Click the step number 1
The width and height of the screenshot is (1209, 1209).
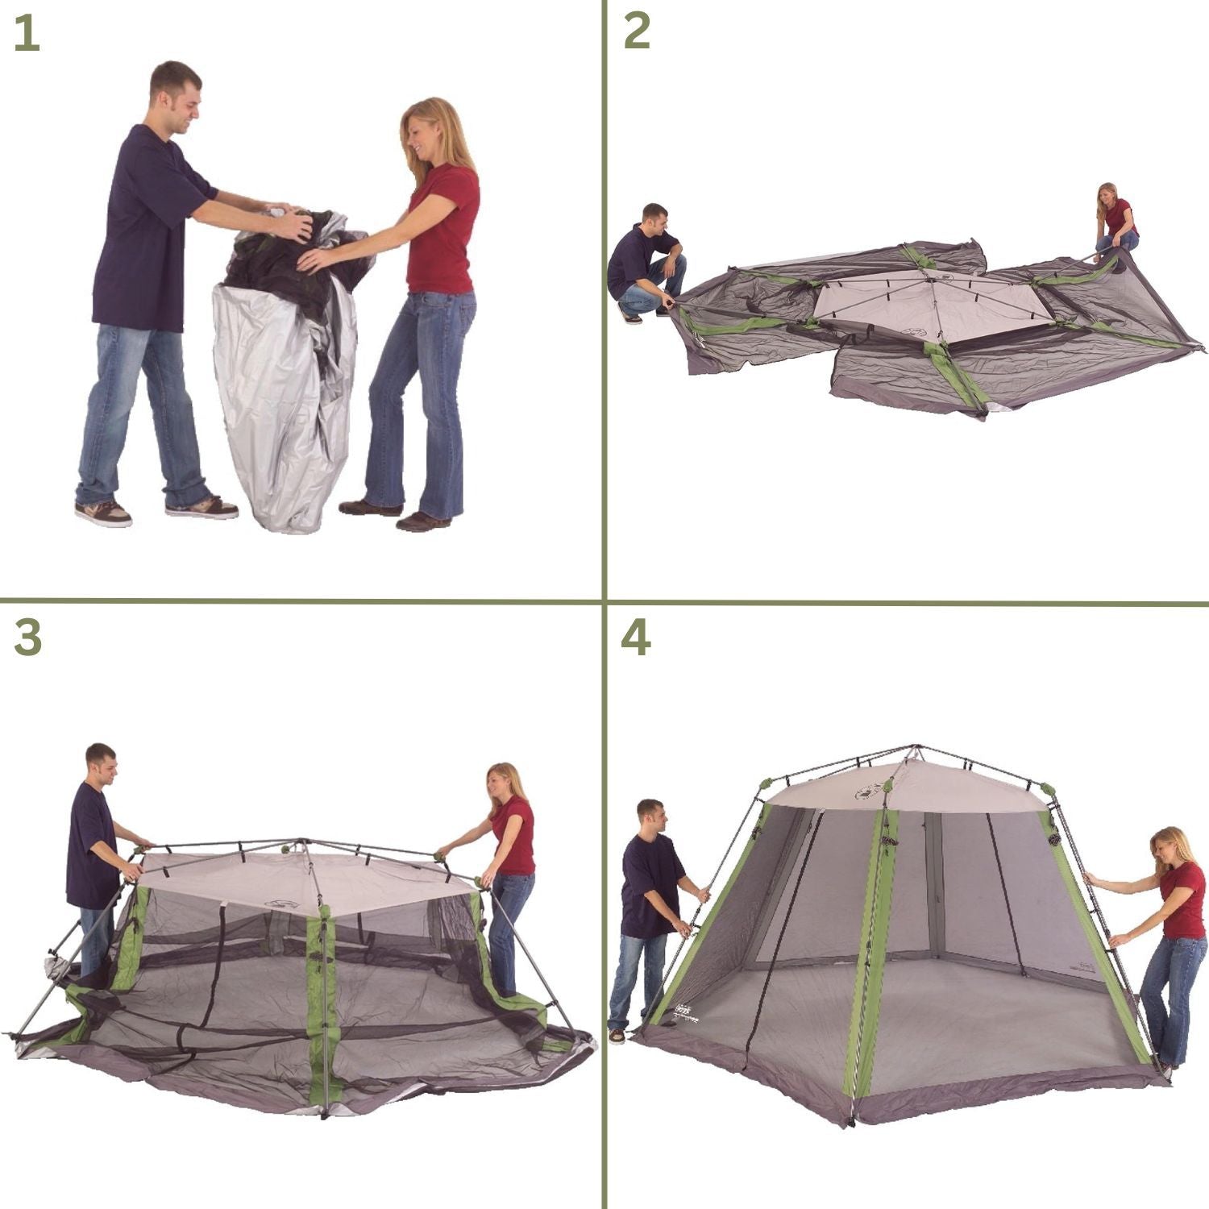pyautogui.click(x=26, y=34)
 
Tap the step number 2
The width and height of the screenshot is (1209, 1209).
pyautogui.click(x=637, y=32)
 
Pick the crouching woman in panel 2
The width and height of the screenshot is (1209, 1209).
pyautogui.click(x=1116, y=219)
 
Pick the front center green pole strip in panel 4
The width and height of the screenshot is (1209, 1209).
pyautogui.click(x=870, y=951)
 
